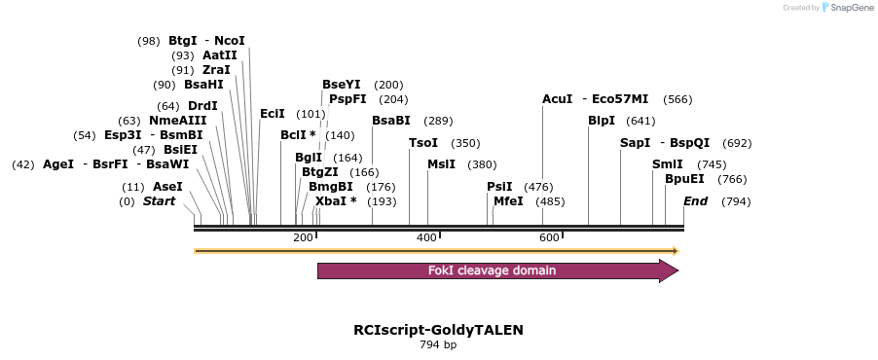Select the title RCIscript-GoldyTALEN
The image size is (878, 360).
(x=438, y=330)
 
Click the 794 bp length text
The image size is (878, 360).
(x=438, y=344)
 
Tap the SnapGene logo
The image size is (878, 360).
(x=846, y=8)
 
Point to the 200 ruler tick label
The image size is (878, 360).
(x=303, y=237)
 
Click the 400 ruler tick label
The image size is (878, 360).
(x=426, y=237)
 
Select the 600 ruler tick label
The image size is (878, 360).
(x=549, y=237)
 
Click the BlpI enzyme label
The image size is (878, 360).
(x=602, y=121)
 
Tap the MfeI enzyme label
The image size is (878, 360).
(x=508, y=201)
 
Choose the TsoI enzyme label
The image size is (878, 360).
(x=423, y=143)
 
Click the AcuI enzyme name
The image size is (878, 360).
(x=558, y=99)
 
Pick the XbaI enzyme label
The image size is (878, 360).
(x=330, y=201)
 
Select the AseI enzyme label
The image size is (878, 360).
(x=167, y=186)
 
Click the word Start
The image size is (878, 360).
(x=160, y=201)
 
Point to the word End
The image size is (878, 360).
(x=695, y=201)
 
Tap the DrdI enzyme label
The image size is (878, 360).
(x=202, y=106)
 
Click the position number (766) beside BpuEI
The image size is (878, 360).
(x=732, y=179)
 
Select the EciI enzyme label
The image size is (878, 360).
(x=273, y=114)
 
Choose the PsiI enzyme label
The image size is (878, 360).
(x=499, y=186)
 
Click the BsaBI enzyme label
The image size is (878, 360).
(x=391, y=121)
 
